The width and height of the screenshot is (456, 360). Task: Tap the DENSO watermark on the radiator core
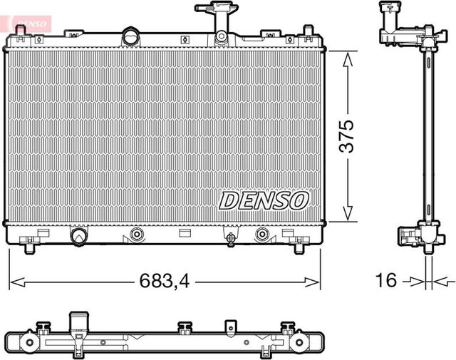click(263, 200)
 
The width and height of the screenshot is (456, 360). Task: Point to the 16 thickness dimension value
click(385, 281)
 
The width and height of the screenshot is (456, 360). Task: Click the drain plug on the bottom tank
click(230, 237)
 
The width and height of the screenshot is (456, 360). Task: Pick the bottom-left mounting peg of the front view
click(29, 247)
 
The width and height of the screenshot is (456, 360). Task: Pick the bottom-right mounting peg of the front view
click(299, 247)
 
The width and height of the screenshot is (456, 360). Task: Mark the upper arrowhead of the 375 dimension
click(347, 59)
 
